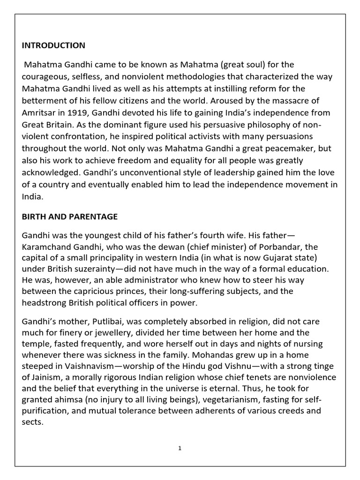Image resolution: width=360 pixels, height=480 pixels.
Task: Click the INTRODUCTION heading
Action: [53, 45]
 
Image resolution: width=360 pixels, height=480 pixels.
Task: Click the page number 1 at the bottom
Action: [180, 448]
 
